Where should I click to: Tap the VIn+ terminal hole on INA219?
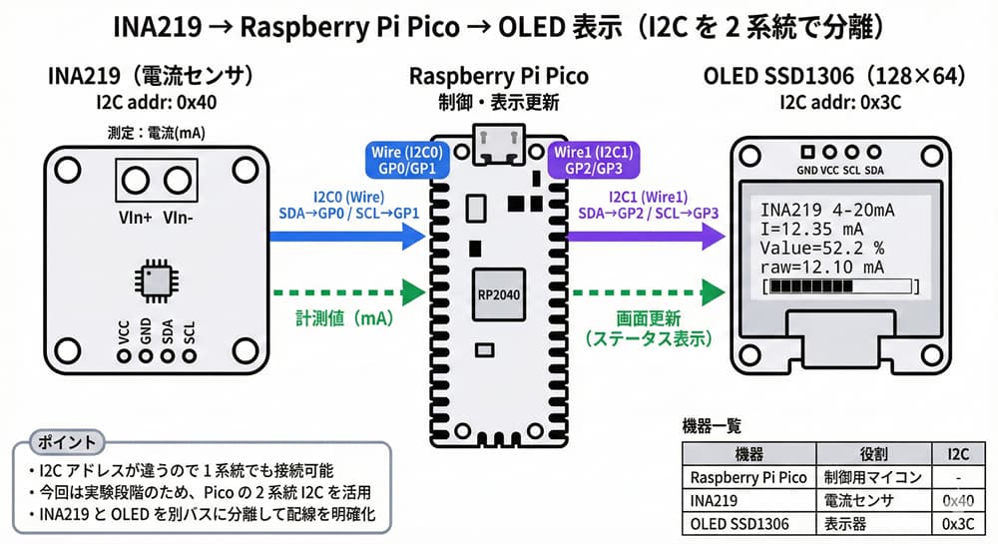tap(134, 180)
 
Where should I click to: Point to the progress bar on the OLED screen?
tap(838, 287)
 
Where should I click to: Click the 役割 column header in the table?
tap(868, 454)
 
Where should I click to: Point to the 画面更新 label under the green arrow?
tap(648, 320)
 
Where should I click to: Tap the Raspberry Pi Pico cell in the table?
tap(748, 477)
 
